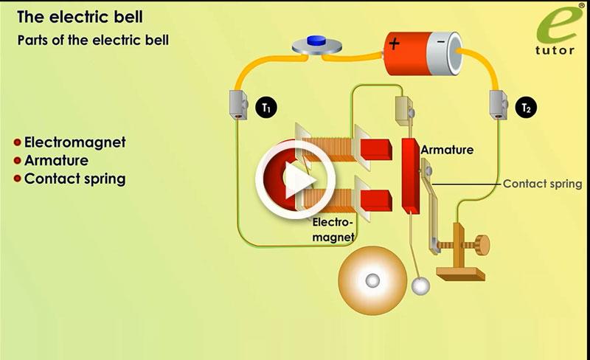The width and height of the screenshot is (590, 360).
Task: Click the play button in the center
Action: (x=295, y=179)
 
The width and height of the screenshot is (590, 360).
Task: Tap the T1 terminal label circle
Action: (x=266, y=108)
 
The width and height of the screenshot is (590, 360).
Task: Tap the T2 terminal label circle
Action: (x=526, y=108)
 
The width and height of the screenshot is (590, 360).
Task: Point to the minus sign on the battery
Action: (x=440, y=43)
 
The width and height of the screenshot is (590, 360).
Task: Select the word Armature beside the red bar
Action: (x=447, y=150)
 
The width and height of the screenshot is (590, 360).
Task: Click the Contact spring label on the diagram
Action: (x=542, y=184)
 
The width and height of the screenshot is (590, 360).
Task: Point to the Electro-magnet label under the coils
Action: (x=333, y=228)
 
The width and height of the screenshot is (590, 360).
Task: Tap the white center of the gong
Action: (x=372, y=280)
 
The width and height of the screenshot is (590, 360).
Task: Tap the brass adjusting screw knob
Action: (x=482, y=243)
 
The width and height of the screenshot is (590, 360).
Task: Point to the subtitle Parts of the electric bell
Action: (x=93, y=40)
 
